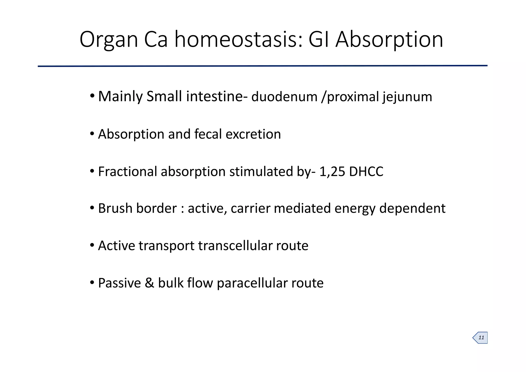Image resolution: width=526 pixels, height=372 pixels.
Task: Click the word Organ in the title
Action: tap(109, 40)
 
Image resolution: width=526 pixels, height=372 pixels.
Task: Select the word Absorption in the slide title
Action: tap(389, 40)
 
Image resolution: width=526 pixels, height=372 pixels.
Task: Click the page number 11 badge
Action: tap(481, 338)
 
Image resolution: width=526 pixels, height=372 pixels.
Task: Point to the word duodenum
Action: tap(284, 97)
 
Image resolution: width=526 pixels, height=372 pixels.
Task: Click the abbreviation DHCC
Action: tap(366, 172)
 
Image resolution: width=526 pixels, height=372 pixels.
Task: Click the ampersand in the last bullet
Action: tap(149, 283)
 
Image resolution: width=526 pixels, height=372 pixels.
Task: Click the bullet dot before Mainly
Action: tap(92, 96)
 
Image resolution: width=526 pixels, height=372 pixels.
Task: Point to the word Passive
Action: tap(119, 283)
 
